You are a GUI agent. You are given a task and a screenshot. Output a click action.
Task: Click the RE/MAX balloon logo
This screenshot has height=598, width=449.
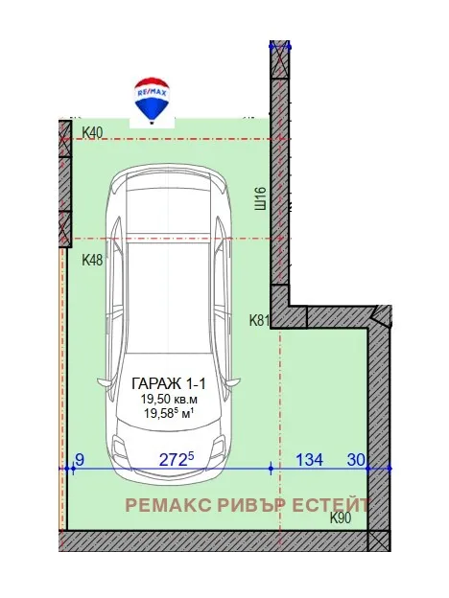click(152, 100)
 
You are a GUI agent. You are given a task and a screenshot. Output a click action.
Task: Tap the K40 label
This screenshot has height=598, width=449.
click(92, 132)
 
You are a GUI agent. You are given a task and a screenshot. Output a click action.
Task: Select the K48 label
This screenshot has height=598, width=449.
click(92, 260)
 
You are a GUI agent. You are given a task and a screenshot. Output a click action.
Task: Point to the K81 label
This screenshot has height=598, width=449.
click(259, 320)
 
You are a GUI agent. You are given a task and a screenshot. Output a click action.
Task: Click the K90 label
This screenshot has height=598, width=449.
click(341, 518)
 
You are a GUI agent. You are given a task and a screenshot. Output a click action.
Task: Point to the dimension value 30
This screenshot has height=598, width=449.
click(356, 460)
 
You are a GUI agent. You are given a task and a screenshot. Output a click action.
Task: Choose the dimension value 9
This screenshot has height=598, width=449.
click(80, 460)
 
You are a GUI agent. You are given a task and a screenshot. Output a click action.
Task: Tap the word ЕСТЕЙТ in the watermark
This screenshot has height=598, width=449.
click(332, 504)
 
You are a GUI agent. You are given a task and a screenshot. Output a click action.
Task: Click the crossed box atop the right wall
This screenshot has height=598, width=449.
click(280, 61)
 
